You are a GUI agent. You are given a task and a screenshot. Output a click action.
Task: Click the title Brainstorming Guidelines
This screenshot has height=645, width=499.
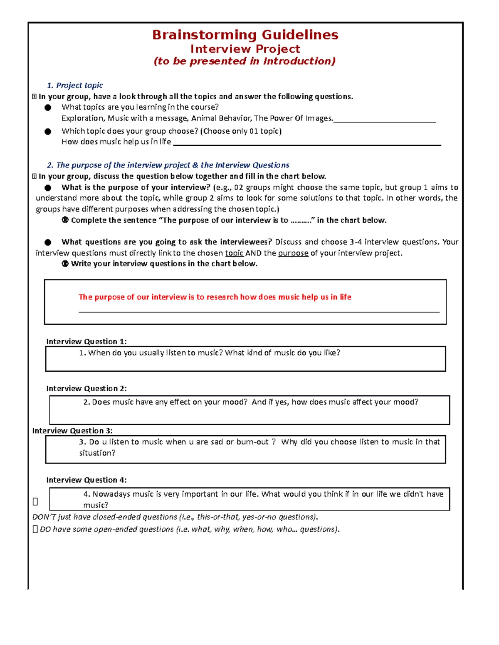tap(245, 34)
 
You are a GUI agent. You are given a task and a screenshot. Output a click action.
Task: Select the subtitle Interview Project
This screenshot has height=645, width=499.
tap(245, 49)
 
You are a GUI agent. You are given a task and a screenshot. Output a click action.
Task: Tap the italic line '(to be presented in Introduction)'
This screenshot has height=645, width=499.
tap(245, 61)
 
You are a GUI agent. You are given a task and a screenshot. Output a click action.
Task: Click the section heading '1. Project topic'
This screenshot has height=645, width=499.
tap(75, 85)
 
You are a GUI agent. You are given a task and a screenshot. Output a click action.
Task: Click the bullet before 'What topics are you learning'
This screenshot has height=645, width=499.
tap(48, 108)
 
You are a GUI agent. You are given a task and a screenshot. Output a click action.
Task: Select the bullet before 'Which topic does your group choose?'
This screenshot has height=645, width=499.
tap(48, 131)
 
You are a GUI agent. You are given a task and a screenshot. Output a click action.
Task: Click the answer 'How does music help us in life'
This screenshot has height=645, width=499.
tap(116, 142)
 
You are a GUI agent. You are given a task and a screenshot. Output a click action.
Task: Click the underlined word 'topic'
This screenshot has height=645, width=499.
tap(234, 253)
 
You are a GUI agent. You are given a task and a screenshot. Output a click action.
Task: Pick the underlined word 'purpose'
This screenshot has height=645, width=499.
tap(293, 253)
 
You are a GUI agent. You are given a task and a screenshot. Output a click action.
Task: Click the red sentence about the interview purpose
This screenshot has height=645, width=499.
tap(215, 297)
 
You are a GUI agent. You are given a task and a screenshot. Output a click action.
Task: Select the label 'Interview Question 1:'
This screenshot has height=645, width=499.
tap(86, 341)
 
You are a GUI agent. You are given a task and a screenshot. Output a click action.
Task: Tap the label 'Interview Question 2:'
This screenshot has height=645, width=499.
tap(86, 388)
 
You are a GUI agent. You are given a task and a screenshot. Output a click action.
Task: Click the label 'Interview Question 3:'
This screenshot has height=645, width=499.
tap(72, 431)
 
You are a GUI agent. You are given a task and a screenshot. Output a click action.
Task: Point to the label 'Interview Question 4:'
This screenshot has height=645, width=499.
tap(86, 480)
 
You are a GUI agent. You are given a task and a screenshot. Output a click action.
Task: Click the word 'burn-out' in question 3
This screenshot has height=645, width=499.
tap(252, 442)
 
